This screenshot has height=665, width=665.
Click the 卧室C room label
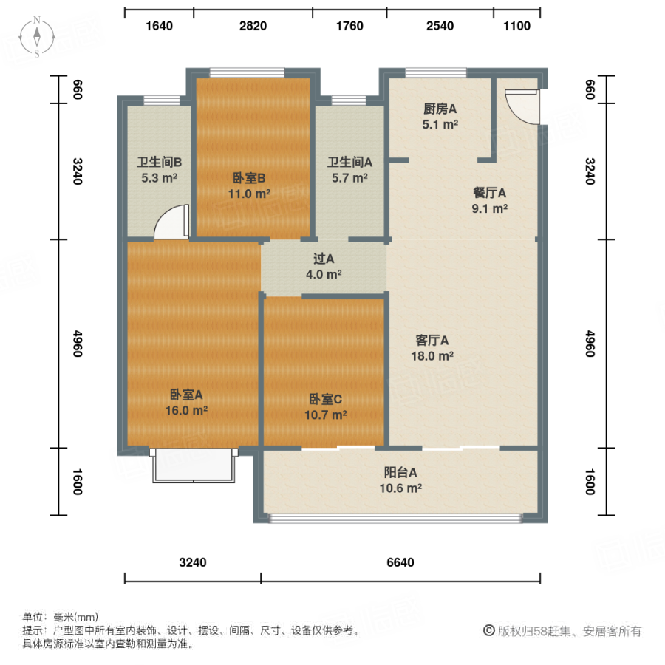point(325,407)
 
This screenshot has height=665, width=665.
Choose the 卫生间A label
point(349,169)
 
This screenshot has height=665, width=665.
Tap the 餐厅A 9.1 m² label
point(489,200)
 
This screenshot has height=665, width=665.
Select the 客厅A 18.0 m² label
point(432,348)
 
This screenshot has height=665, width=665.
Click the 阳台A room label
point(402,480)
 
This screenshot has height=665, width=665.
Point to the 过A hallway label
point(324,267)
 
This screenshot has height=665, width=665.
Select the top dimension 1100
point(516,26)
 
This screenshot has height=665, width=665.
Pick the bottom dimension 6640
point(400,562)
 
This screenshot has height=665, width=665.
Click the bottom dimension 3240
point(193,562)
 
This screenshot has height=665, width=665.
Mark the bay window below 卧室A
point(191,465)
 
